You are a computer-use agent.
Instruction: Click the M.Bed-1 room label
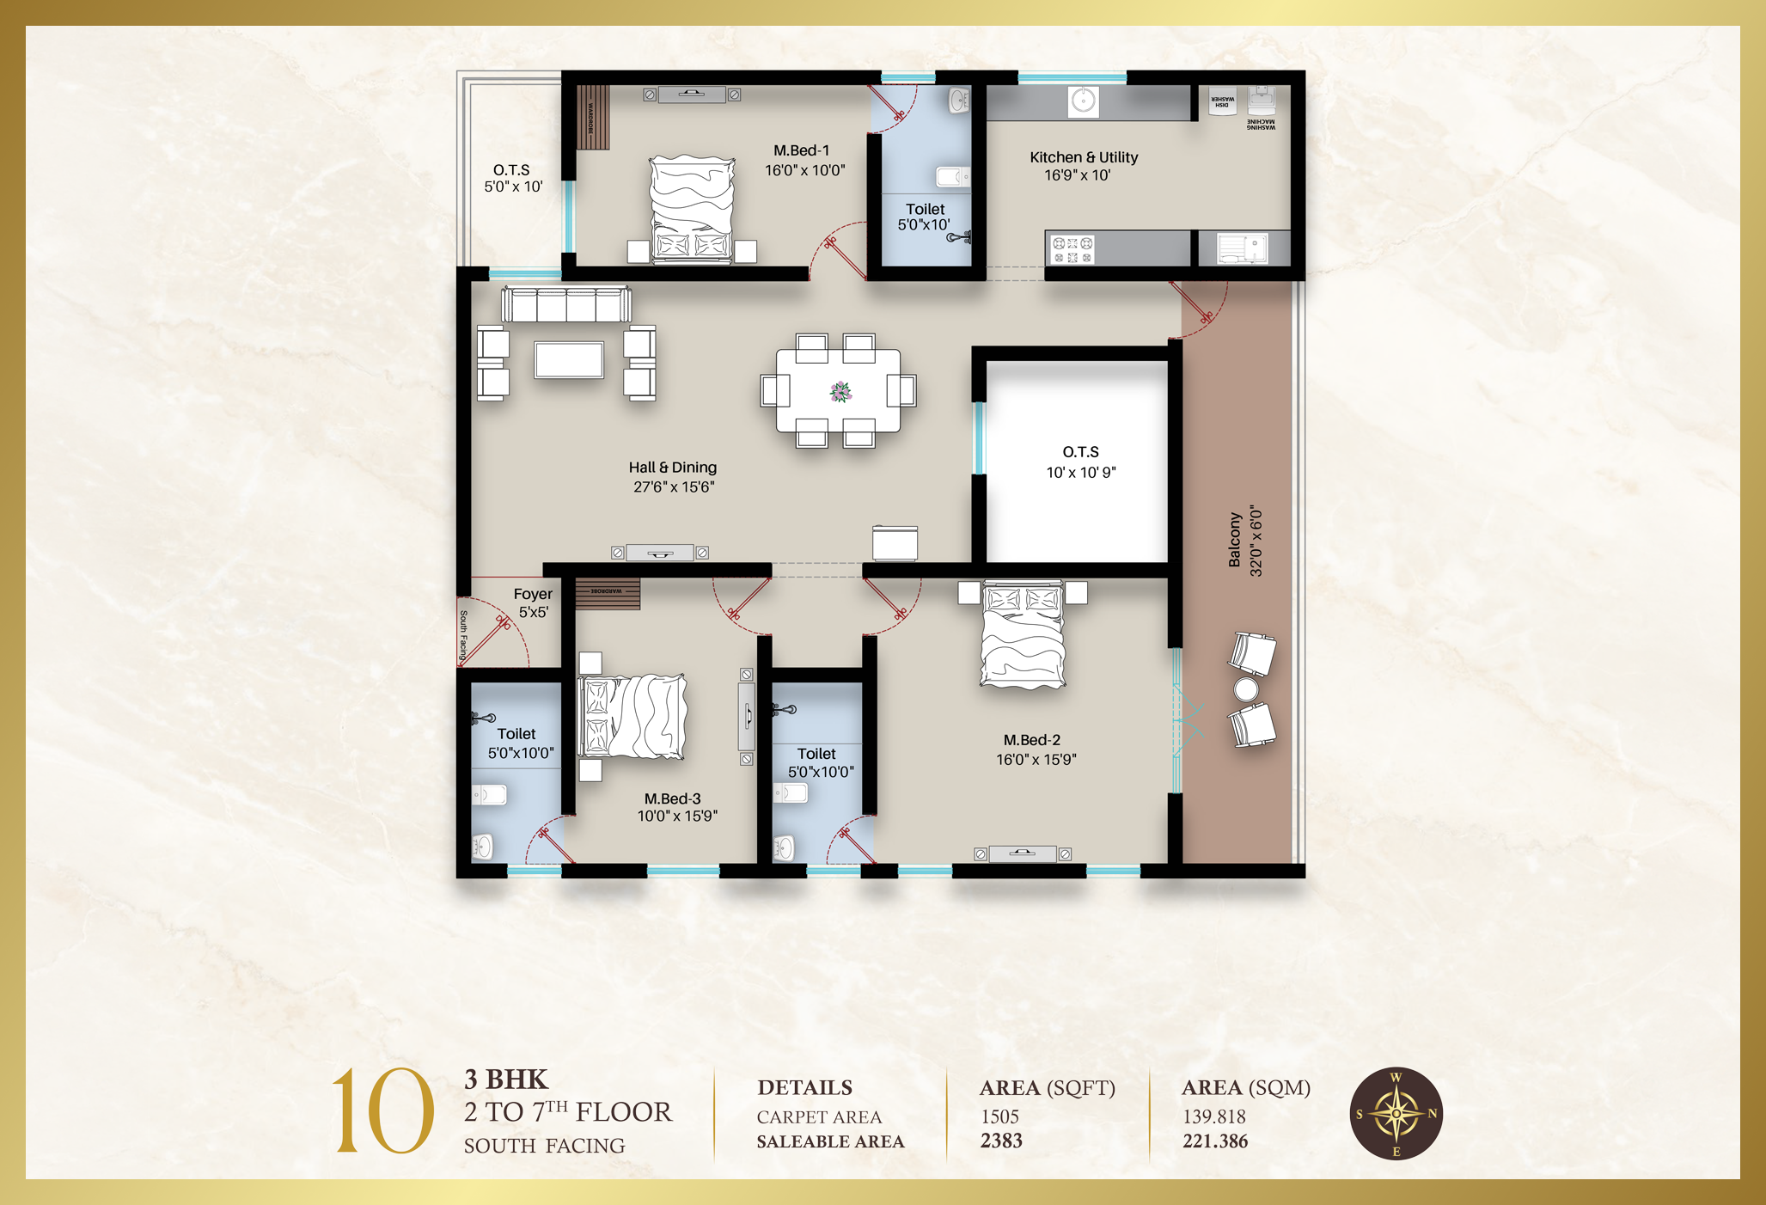coord(801,151)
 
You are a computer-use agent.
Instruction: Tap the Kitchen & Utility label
coord(1083,157)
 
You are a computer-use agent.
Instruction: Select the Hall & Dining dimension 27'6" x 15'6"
coord(674,487)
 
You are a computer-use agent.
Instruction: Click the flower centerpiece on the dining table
coord(840,392)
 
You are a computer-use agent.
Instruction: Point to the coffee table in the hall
coord(568,359)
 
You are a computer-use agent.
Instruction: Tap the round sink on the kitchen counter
coord(1083,101)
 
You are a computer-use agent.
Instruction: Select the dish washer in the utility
coord(1222,100)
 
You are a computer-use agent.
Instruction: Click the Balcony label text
coord(1235,540)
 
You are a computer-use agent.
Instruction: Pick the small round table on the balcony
coord(1245,689)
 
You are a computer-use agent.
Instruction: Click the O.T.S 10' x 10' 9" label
coord(1080,462)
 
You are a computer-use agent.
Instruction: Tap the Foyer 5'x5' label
coord(533,602)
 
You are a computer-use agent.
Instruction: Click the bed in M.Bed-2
coord(1023,636)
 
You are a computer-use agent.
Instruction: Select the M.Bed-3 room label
coord(673,799)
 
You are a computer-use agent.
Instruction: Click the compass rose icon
coord(1395,1114)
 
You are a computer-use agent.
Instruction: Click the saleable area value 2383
coord(1001,1141)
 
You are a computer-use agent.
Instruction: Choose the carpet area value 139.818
coord(1213,1116)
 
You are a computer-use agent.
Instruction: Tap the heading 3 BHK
coord(505,1080)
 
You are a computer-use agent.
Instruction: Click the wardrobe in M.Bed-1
coord(592,117)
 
